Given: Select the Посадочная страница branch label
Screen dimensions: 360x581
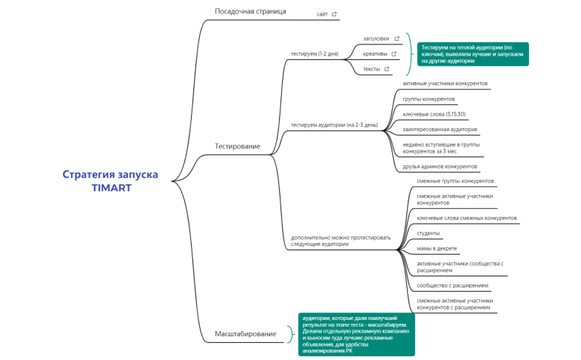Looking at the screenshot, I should pos(250,11).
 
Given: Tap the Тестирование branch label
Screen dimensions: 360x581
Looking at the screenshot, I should pos(237,146).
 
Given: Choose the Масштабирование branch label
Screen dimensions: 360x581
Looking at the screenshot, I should pos(245,334).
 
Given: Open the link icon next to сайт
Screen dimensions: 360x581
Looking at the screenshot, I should pos(335,14).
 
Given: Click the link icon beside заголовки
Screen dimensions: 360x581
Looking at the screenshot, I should pos(397,39).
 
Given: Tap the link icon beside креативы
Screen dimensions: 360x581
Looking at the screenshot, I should pos(394,53).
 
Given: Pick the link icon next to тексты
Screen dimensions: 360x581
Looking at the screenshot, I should pos(386,69).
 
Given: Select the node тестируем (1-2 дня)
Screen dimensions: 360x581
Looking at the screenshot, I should pos(315,53).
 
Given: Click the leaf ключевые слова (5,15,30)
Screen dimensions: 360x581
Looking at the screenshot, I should pos(434,114).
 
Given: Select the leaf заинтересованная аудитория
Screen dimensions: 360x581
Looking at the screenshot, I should pos(440,129).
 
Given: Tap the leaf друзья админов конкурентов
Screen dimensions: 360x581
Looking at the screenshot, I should pos(440,167).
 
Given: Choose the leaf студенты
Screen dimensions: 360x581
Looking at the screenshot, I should pos(429,233).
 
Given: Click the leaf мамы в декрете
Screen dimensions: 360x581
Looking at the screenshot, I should pos(437,248).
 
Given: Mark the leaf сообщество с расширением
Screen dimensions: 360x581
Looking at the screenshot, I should pos(452,285).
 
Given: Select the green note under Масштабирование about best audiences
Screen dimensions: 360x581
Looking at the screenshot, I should pos(357,334).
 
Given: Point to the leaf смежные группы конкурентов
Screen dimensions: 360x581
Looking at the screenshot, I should pos(454,181).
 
